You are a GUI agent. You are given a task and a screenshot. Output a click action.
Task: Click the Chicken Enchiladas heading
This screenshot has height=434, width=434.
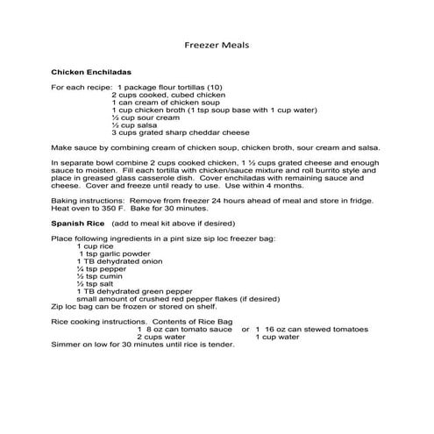coord(91,71)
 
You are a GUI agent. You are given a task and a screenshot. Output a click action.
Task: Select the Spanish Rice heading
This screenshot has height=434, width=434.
coord(78,224)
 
